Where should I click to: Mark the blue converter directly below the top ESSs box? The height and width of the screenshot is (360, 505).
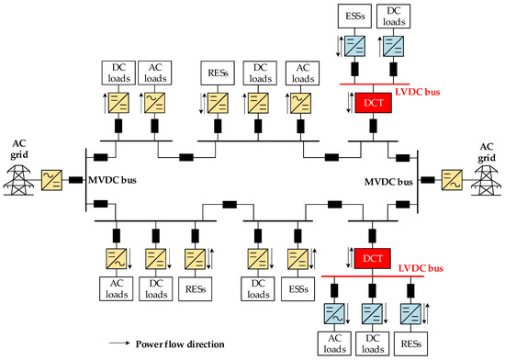coord(355,47)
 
